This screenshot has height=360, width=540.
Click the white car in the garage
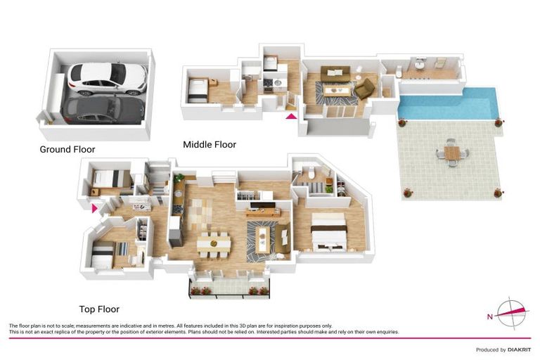click(108, 78)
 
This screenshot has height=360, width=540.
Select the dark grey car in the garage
click(103, 110)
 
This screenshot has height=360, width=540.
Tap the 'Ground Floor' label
click(67, 150)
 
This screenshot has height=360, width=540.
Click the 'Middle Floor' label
click(210, 145)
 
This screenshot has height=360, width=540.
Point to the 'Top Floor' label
click(99, 309)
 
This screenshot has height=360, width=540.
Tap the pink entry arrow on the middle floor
click(291, 115)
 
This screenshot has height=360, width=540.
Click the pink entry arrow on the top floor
click(95, 207)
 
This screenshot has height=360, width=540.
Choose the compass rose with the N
click(512, 313)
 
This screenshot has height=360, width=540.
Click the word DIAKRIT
click(520, 349)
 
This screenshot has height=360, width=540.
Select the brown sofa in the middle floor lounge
click(335, 74)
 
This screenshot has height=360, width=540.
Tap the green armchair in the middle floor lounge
click(364, 89)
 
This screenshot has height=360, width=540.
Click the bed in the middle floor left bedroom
click(198, 90)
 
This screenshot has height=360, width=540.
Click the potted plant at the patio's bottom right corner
click(498, 192)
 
